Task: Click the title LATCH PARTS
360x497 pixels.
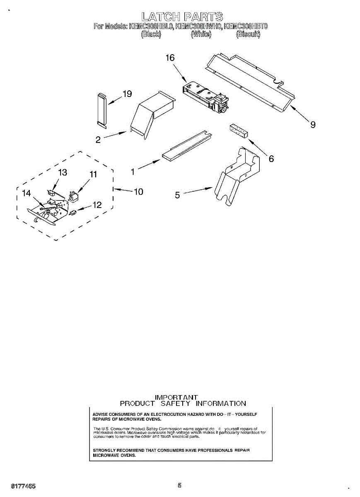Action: click(182, 17)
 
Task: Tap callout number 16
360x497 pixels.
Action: click(170, 58)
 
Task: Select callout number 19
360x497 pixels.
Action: click(127, 94)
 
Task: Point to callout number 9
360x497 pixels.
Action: click(313, 124)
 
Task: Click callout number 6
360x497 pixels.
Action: click(271, 158)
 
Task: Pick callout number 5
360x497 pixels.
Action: click(177, 195)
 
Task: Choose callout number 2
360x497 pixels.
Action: click(98, 140)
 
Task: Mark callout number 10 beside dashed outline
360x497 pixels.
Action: click(138, 191)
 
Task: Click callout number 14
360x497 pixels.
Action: click(27, 193)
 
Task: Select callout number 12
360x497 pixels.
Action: click(97, 205)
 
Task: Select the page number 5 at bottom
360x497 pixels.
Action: click(179, 485)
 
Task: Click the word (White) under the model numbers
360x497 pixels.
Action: click(201, 35)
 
